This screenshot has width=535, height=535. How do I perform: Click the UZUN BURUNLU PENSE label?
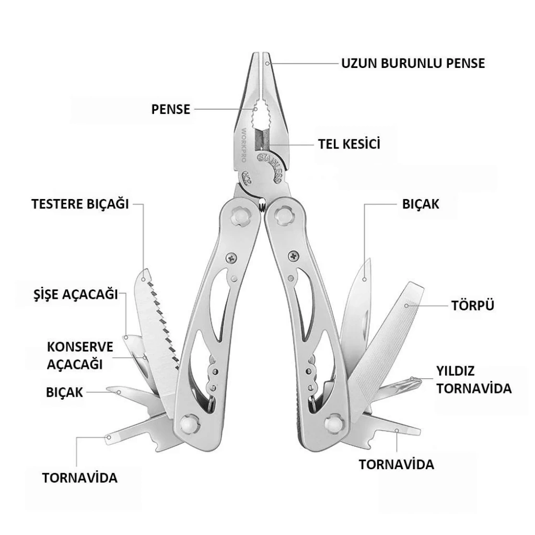pos(413,64)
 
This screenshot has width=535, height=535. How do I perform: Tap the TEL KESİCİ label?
pos(349,144)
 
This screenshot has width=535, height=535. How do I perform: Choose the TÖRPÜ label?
pos(473,305)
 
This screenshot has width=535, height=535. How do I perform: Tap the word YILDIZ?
pos(456,371)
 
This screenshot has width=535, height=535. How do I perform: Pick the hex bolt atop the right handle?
pos(285,214)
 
